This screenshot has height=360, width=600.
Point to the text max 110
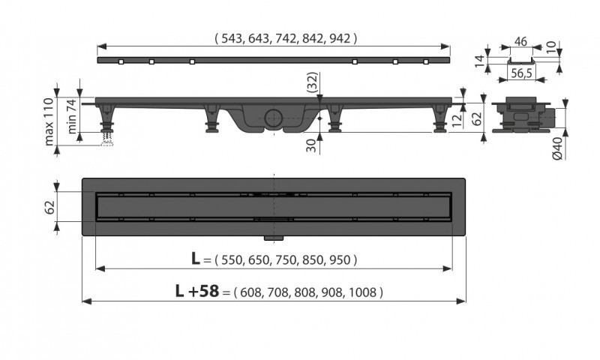pyautogui.click(x=49, y=121)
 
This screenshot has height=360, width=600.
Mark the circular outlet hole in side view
pyautogui.click(x=273, y=118)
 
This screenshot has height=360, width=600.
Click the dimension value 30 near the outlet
pyautogui.click(x=312, y=144)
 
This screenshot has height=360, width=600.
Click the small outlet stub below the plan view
pyautogui.click(x=271, y=239)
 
